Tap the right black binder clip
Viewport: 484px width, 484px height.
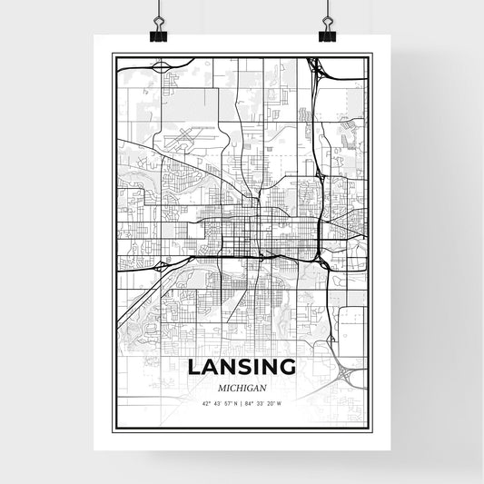click(327, 34)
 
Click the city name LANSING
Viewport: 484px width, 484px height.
click(242, 368)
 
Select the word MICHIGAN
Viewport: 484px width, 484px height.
click(242, 386)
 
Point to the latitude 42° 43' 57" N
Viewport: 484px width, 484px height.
click(218, 403)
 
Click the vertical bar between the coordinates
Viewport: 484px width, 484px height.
click(242, 403)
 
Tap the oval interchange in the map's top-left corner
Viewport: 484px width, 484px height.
click(161, 66)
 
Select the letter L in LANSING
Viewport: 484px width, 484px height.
click(194, 368)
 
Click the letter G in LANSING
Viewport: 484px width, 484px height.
click(288, 368)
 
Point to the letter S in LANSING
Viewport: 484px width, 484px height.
click(242, 368)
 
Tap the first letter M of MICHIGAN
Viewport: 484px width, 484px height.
click(212, 386)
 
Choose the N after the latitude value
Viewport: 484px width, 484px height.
click(235, 403)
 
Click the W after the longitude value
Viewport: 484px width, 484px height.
click(281, 403)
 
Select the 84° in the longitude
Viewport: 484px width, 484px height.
click(252, 403)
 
